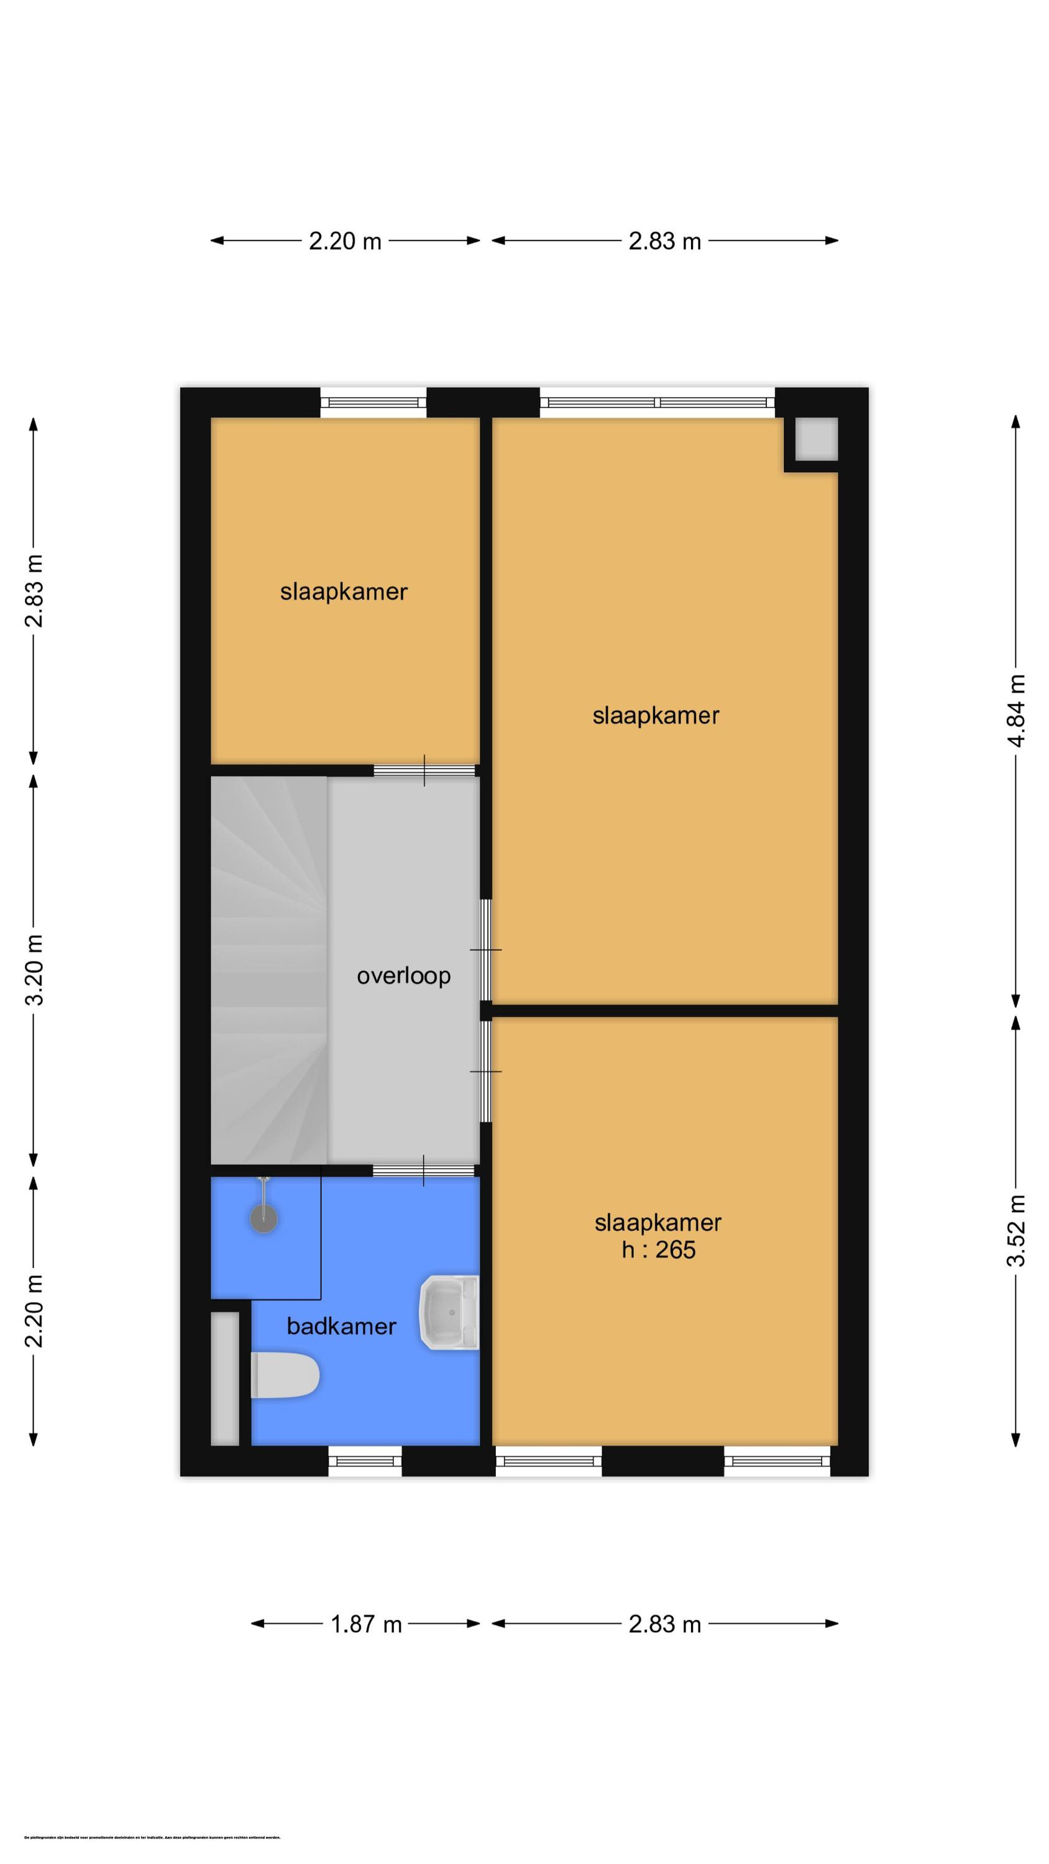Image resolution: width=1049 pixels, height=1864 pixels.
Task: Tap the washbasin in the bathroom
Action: tap(449, 1313)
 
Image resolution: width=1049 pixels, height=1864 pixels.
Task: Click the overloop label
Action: tap(403, 976)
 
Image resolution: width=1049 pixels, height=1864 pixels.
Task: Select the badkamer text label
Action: tap(341, 1327)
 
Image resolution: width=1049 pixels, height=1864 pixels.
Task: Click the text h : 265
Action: tap(658, 1250)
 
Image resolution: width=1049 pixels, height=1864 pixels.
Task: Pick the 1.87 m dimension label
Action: tap(365, 1625)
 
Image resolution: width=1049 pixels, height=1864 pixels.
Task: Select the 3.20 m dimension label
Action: tap(34, 970)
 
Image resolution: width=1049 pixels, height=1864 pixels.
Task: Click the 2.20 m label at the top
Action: tap(345, 241)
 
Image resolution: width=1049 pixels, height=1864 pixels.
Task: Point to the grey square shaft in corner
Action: tap(816, 439)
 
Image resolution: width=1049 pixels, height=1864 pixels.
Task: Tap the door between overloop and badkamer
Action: tap(423, 1170)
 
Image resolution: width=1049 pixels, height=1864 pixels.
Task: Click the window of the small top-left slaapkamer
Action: tap(373, 403)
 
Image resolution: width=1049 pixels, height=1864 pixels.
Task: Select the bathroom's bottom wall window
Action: tap(365, 1461)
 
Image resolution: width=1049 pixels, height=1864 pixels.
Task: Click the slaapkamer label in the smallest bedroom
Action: tap(344, 592)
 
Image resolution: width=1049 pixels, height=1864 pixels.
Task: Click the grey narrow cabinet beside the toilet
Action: tap(224, 1379)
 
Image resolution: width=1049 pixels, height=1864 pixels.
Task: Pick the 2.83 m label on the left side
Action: tap(34, 590)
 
